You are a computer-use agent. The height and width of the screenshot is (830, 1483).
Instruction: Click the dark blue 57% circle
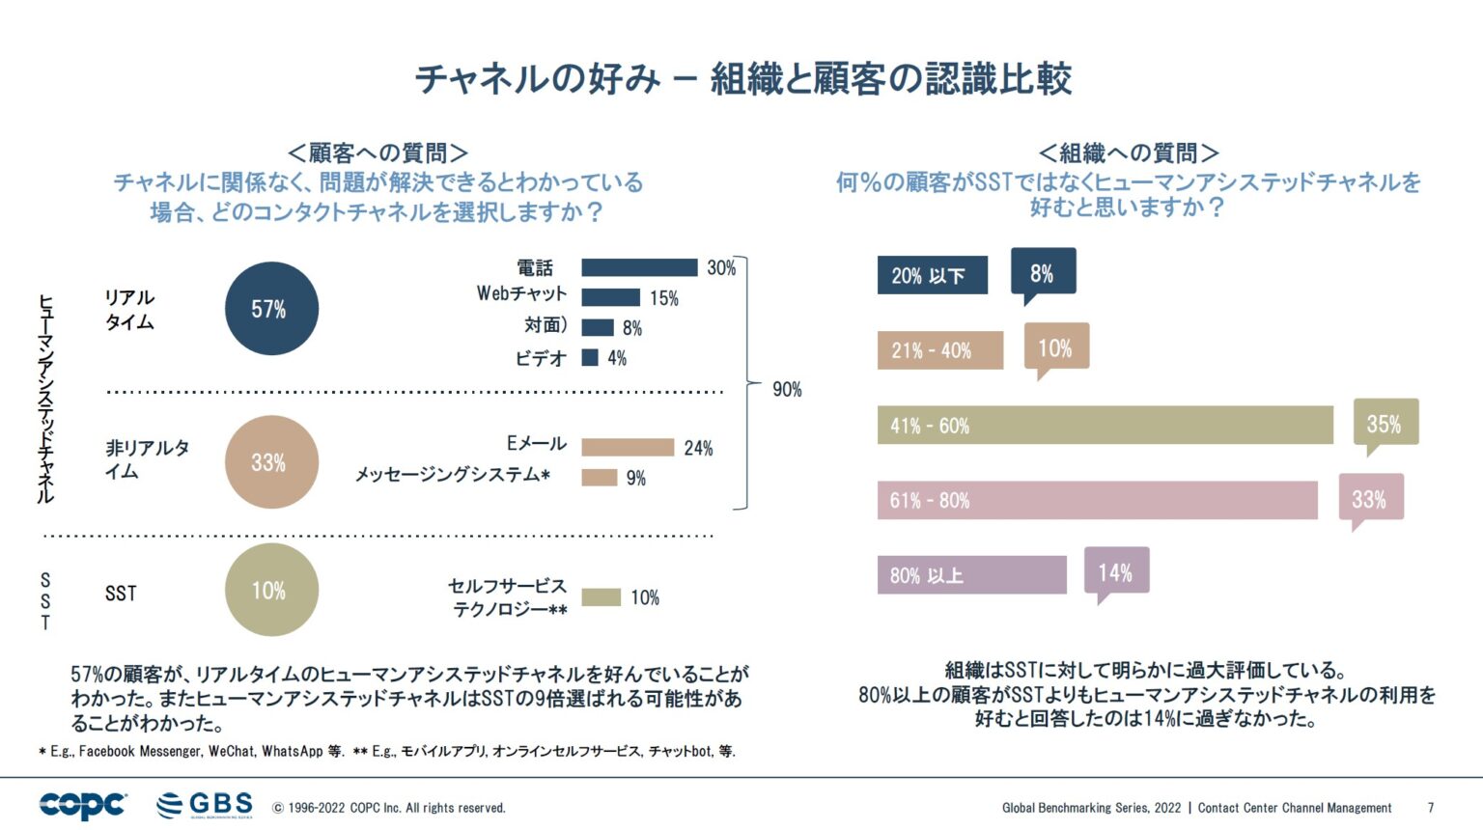click(271, 309)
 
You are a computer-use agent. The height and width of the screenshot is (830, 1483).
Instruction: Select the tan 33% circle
click(271, 462)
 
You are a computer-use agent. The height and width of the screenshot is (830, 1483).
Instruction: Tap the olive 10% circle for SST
click(271, 590)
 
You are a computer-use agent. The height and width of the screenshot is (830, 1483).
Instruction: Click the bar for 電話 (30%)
click(639, 267)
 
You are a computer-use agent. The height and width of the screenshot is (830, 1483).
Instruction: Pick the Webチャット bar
click(610, 297)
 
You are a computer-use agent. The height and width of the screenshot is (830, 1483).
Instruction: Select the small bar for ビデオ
click(590, 358)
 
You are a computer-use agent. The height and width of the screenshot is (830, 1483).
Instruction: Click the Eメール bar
click(628, 448)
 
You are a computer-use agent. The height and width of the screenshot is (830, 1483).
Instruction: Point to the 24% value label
click(698, 448)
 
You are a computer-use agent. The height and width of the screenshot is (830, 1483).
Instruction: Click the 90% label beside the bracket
click(787, 389)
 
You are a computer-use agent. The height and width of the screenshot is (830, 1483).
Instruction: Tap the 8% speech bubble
click(1043, 272)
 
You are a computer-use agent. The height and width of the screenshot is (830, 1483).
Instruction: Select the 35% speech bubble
click(1385, 423)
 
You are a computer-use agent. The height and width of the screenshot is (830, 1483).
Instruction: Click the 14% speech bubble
click(1116, 571)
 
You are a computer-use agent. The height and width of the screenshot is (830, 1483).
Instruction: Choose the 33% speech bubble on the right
click(1370, 498)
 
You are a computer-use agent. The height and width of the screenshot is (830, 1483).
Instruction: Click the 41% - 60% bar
click(1105, 426)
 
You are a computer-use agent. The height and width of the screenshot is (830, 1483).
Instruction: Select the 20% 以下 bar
click(932, 275)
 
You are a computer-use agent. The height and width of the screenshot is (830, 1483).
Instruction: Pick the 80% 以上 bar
click(971, 575)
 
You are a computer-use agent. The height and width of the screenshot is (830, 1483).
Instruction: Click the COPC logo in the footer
click(83, 805)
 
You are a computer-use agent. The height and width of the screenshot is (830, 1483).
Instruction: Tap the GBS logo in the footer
click(205, 805)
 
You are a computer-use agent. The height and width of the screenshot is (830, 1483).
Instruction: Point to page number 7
click(1431, 808)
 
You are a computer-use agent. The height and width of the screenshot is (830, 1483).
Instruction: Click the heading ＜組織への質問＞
click(1128, 152)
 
